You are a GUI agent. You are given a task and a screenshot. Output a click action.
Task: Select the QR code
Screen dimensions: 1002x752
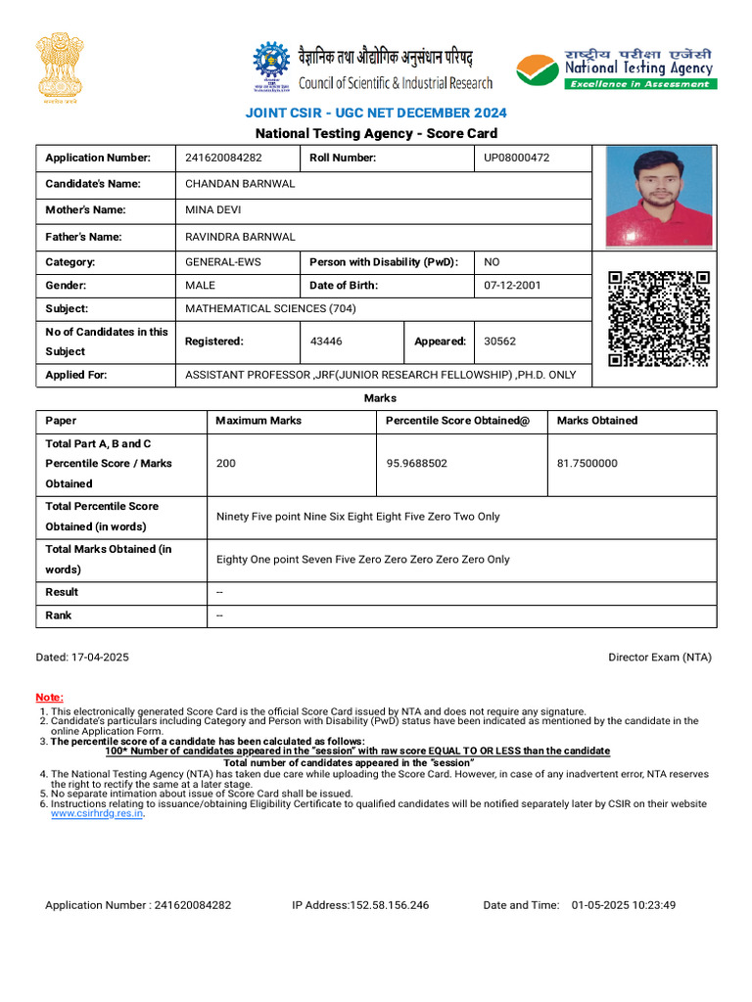658,319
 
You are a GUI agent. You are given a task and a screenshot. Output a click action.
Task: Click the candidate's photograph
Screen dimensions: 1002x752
658,197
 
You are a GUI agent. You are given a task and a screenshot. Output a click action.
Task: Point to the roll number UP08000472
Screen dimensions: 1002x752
517,158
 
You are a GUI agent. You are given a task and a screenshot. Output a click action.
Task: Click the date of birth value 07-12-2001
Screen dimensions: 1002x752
511,286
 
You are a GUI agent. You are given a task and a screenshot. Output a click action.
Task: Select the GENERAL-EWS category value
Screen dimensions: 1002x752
223,262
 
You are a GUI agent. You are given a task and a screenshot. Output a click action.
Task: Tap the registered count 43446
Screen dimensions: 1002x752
326,342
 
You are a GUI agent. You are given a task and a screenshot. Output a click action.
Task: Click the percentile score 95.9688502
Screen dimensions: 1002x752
417,464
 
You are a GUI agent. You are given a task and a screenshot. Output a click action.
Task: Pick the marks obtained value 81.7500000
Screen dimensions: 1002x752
587,464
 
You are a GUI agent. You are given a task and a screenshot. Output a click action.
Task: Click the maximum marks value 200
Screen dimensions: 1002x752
225,464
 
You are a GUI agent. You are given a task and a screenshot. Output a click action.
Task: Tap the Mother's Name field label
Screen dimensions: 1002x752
85,209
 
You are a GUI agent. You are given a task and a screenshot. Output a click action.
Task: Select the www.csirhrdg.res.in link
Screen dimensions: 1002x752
97,813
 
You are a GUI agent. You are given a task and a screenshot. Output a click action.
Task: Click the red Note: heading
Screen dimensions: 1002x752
49,697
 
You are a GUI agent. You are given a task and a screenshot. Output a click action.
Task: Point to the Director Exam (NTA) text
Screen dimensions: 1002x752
660,658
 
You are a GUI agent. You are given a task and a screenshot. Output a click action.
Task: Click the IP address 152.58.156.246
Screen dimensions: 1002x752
360,905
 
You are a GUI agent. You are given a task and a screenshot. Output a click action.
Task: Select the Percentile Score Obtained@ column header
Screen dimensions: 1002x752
457,421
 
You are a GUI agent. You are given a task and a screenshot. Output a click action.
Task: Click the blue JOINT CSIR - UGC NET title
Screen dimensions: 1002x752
376,114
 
